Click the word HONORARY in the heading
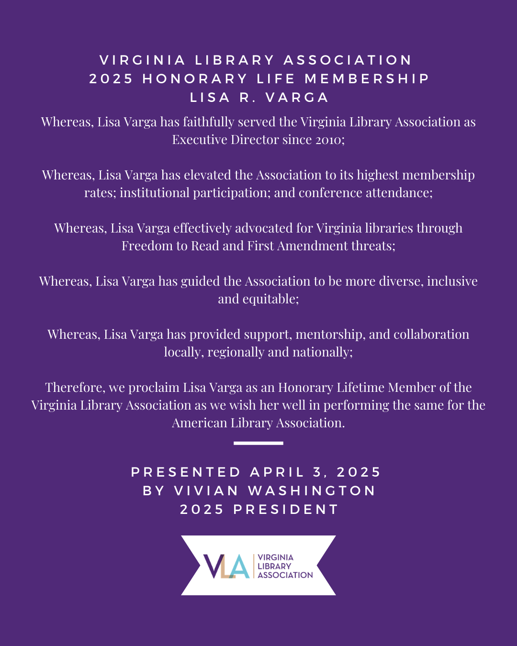pos(195,79)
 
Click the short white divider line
pos(258,444)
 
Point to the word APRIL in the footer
pos(277,473)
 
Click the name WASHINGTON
pos(312,491)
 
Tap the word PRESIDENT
pos(286,510)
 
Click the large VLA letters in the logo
pos(226,566)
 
